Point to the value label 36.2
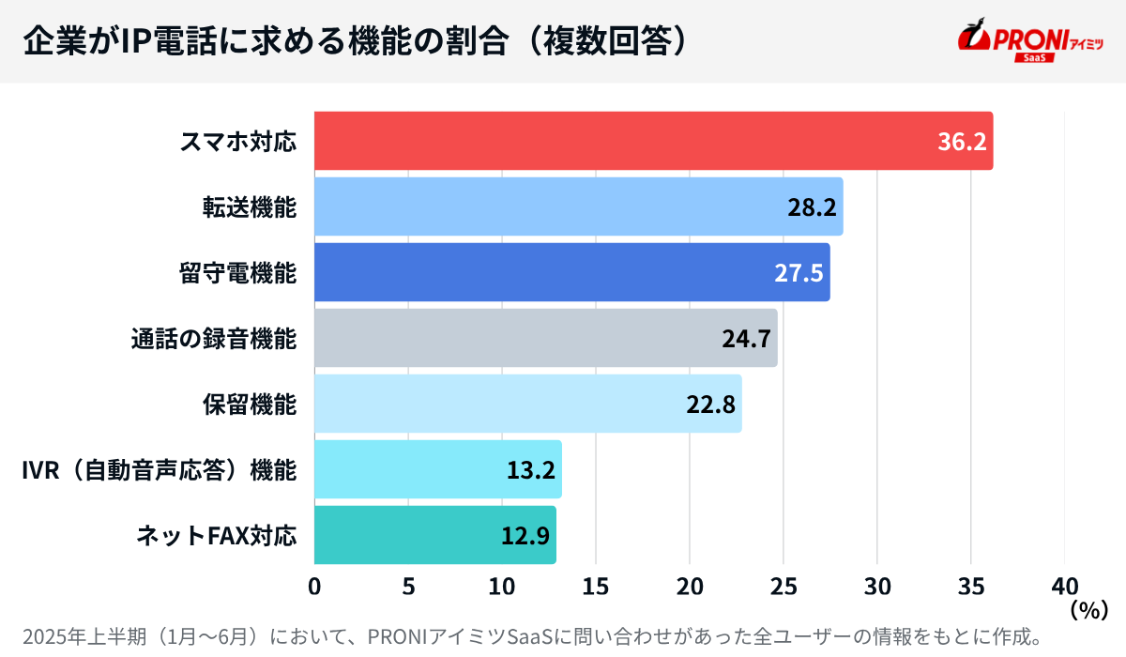point(962,142)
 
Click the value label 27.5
point(799,273)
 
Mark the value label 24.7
point(746,339)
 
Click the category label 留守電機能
point(237,273)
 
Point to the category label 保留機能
point(250,405)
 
